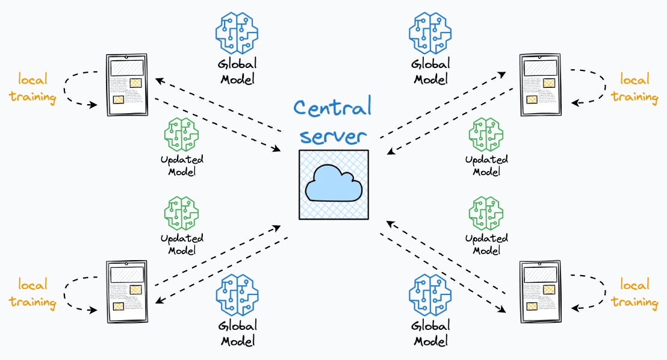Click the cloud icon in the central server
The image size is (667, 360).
[333, 184]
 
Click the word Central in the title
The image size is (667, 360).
[332, 109]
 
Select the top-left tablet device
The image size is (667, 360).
[126, 85]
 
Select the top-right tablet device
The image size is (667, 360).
[540, 85]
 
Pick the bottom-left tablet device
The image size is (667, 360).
[126, 292]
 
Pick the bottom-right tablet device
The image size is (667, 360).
[540, 292]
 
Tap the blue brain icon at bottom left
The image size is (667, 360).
[237, 295]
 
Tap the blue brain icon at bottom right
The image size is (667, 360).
[429, 295]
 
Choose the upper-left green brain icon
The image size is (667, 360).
[182, 135]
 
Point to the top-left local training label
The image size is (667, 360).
[33, 88]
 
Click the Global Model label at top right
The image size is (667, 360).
[429, 71]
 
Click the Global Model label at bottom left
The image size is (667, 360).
[238, 333]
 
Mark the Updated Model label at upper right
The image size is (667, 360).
[486, 165]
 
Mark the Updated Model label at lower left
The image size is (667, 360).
[182, 244]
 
